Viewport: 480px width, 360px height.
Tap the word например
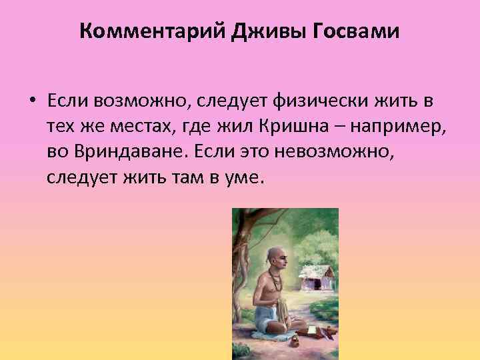tap(406, 127)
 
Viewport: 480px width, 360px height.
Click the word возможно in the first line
tap(135, 102)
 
